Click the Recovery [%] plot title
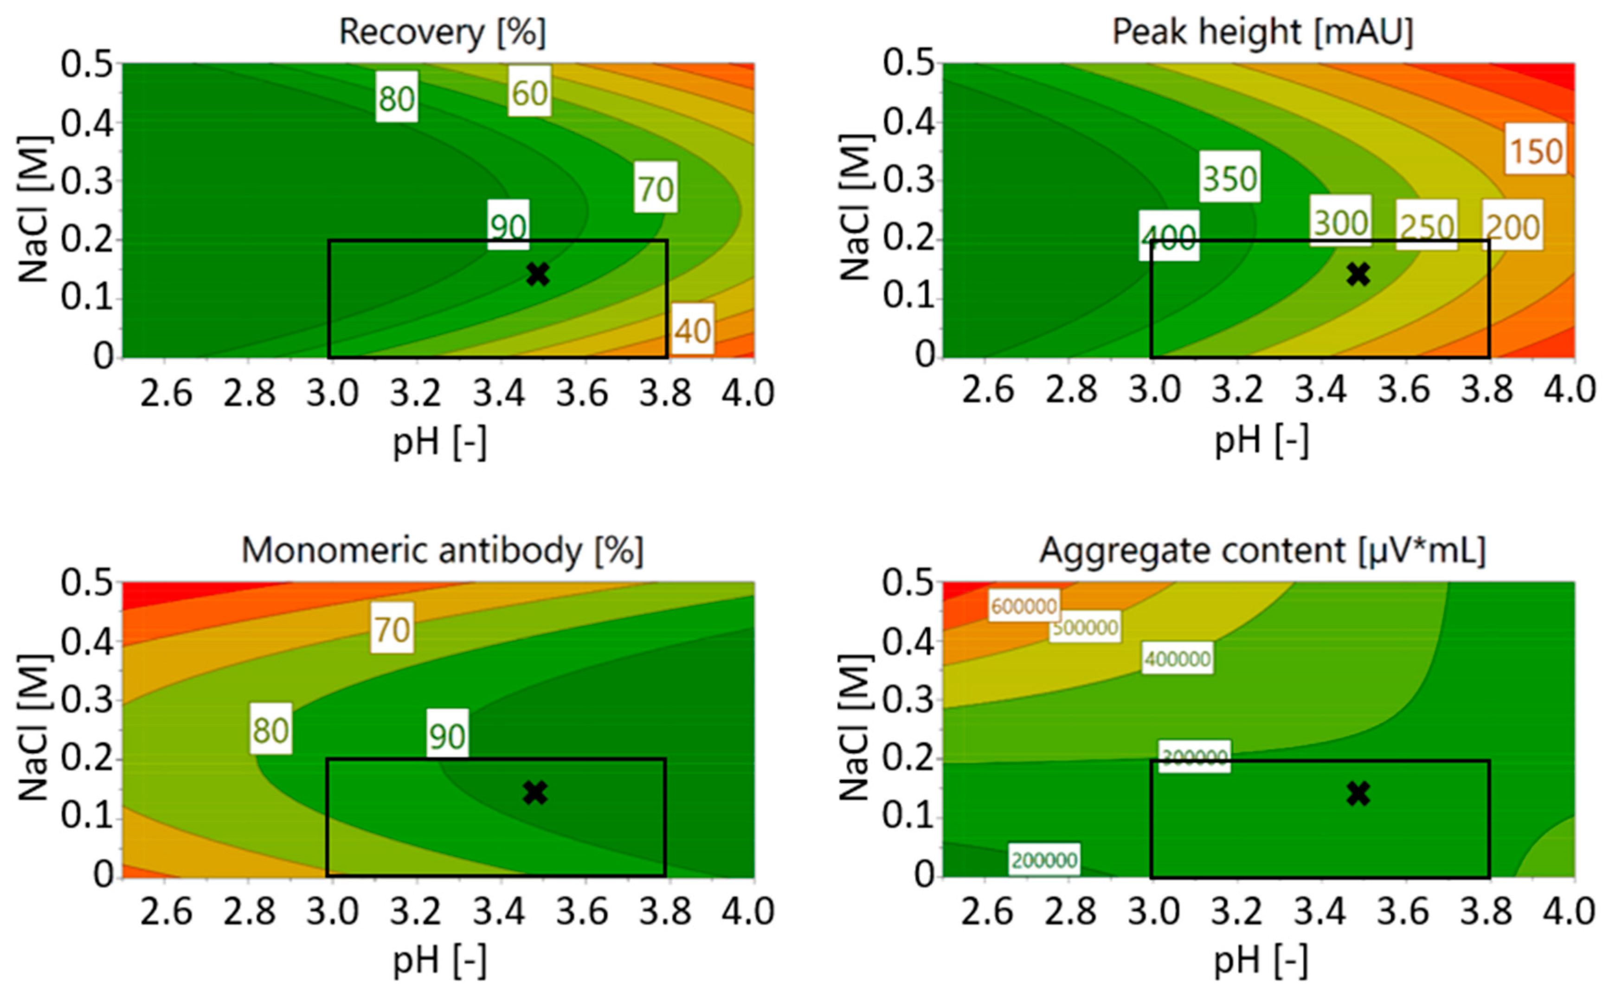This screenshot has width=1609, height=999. [443, 32]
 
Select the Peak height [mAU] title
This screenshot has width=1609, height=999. [1262, 32]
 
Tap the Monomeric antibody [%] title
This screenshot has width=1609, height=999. [443, 550]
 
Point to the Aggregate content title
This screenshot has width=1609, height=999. [1262, 550]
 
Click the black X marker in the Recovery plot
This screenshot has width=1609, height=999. [538, 274]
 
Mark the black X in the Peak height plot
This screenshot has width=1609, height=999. [1358, 274]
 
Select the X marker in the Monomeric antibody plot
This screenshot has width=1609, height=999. [535, 793]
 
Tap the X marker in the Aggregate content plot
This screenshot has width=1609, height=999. [1358, 793]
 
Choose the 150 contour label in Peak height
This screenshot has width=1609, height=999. [1536, 151]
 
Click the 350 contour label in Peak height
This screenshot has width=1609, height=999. [1230, 178]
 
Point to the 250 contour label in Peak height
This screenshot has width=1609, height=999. [1427, 226]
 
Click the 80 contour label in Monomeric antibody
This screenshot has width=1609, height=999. [271, 730]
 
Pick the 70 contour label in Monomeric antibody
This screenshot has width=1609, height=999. [393, 628]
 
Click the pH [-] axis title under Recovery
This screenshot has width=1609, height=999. [440, 441]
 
